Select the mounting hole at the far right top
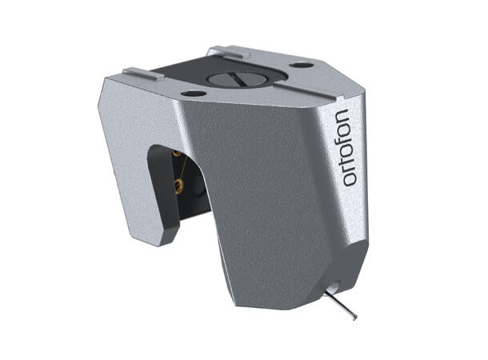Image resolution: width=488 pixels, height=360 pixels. pos(301,65)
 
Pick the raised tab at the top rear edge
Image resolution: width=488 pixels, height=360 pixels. pos(225,52)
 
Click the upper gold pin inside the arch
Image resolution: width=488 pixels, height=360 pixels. pos(176,153)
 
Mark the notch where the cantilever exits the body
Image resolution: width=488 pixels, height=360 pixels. pos(329,289)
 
